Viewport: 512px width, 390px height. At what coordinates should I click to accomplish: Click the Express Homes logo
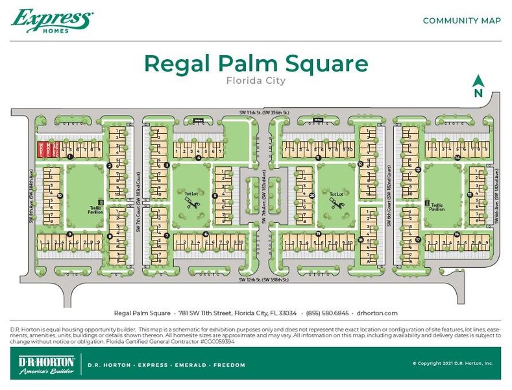(52, 21)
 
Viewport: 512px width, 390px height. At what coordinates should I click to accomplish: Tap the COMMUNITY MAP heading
(461, 21)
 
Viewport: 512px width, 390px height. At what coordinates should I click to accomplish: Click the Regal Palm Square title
(256, 64)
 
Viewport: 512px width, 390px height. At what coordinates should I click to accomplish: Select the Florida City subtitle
(256, 81)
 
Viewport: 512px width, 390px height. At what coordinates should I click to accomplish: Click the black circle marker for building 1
(69, 157)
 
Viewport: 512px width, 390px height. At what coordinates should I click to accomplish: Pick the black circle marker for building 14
(457, 157)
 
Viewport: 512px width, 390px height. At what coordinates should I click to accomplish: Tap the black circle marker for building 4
(198, 157)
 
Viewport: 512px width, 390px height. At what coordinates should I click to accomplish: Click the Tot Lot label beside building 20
(335, 194)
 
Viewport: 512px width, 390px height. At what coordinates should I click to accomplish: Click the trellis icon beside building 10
(100, 202)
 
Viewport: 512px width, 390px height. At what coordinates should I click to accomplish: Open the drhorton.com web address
(377, 313)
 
